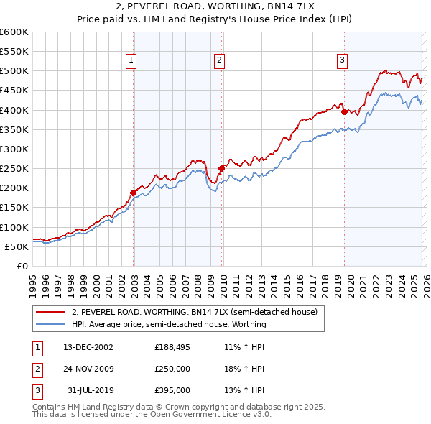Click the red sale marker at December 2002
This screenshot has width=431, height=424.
click(x=134, y=193)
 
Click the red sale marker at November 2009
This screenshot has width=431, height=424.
click(x=221, y=168)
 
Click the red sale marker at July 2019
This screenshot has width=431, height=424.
click(x=344, y=111)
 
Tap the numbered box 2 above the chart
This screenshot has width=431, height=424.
click(x=218, y=61)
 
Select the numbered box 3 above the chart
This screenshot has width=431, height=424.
click(x=343, y=61)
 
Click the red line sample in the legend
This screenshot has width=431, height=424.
click(x=52, y=313)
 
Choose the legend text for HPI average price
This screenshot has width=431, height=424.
click(x=169, y=324)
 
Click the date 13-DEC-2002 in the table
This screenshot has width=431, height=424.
click(x=88, y=347)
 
